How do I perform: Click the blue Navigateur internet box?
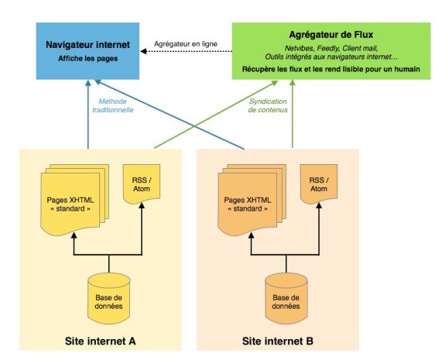tap(87, 51)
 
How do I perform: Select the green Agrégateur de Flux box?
tap(331, 51)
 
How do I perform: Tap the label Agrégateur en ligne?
tap(186, 44)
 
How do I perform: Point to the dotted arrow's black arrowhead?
tap(143, 51)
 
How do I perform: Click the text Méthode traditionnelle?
tap(113, 105)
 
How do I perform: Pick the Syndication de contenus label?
tap(268, 105)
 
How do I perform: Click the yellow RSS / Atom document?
tap(142, 184)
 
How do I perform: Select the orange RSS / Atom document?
tap(319, 184)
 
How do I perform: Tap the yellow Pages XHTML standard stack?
tap(75, 200)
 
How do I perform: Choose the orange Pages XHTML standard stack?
tap(252, 200)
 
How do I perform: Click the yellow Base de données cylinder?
tap(109, 298)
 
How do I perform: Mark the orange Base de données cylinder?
tap(286, 298)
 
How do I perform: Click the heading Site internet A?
tap(101, 341)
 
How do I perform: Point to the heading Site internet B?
tap(278, 341)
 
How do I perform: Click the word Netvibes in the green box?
tap(298, 48)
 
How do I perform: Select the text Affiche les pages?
tap(88, 59)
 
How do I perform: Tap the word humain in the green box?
tap(407, 69)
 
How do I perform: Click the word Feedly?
tap(327, 48)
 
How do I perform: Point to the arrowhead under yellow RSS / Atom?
tap(142, 205)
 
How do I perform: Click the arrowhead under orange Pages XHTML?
tap(251, 235)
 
